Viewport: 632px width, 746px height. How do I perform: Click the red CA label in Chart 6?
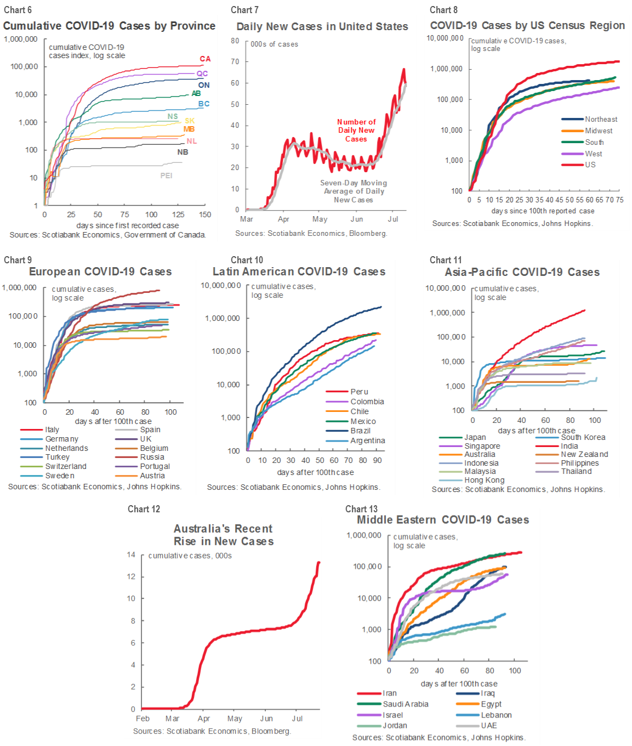pyautogui.click(x=205, y=59)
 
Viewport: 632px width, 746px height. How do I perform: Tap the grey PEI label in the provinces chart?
pyautogui.click(x=166, y=176)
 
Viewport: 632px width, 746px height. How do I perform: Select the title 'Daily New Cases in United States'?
pyautogui.click(x=322, y=26)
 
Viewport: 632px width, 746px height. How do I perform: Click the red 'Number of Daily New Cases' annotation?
pyautogui.click(x=356, y=131)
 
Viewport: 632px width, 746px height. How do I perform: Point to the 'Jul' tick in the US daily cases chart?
pyautogui.click(x=393, y=219)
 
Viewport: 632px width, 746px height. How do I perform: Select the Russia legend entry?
pyautogui.click(x=152, y=457)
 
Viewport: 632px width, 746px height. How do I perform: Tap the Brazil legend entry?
pyautogui.click(x=360, y=431)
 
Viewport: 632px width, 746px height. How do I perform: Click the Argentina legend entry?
pyautogui.click(x=367, y=440)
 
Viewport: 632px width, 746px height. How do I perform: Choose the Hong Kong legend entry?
pyautogui.click(x=484, y=480)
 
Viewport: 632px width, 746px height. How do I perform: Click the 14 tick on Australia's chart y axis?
pyautogui.click(x=131, y=555)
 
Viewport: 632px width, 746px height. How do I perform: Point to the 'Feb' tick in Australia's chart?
pyautogui.click(x=143, y=719)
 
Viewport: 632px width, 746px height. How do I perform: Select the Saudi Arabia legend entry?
pyautogui.click(x=406, y=704)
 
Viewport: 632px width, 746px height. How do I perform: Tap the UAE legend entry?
pyautogui.click(x=489, y=725)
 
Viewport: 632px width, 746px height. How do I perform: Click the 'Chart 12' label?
pyautogui.click(x=144, y=509)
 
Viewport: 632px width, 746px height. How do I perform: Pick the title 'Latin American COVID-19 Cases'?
pyautogui.click(x=299, y=272)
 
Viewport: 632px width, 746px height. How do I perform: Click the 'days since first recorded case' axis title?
pyautogui.click(x=127, y=225)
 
